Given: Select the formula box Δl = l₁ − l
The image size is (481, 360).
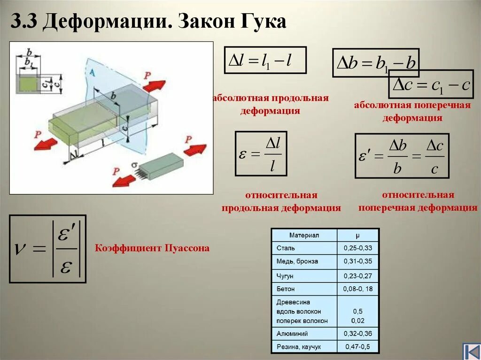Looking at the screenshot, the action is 265,60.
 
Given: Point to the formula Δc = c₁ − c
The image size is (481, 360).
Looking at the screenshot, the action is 431,85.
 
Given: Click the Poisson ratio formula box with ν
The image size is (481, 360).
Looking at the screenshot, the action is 47,249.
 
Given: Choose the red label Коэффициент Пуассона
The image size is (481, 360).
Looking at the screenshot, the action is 152,248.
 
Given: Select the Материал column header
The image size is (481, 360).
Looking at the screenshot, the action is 304,235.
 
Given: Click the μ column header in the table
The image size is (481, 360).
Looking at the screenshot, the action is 357,235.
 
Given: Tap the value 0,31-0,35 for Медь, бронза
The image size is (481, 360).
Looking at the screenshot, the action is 357,261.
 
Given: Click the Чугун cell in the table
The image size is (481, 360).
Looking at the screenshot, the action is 286,276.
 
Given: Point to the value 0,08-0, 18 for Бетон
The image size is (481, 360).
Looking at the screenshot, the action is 358,289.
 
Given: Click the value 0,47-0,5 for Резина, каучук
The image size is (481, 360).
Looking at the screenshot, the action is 357,347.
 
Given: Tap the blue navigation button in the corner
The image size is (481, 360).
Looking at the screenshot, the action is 471,351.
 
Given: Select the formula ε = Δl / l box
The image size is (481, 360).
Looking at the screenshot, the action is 261,153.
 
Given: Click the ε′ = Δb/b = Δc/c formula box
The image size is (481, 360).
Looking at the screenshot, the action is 402,156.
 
